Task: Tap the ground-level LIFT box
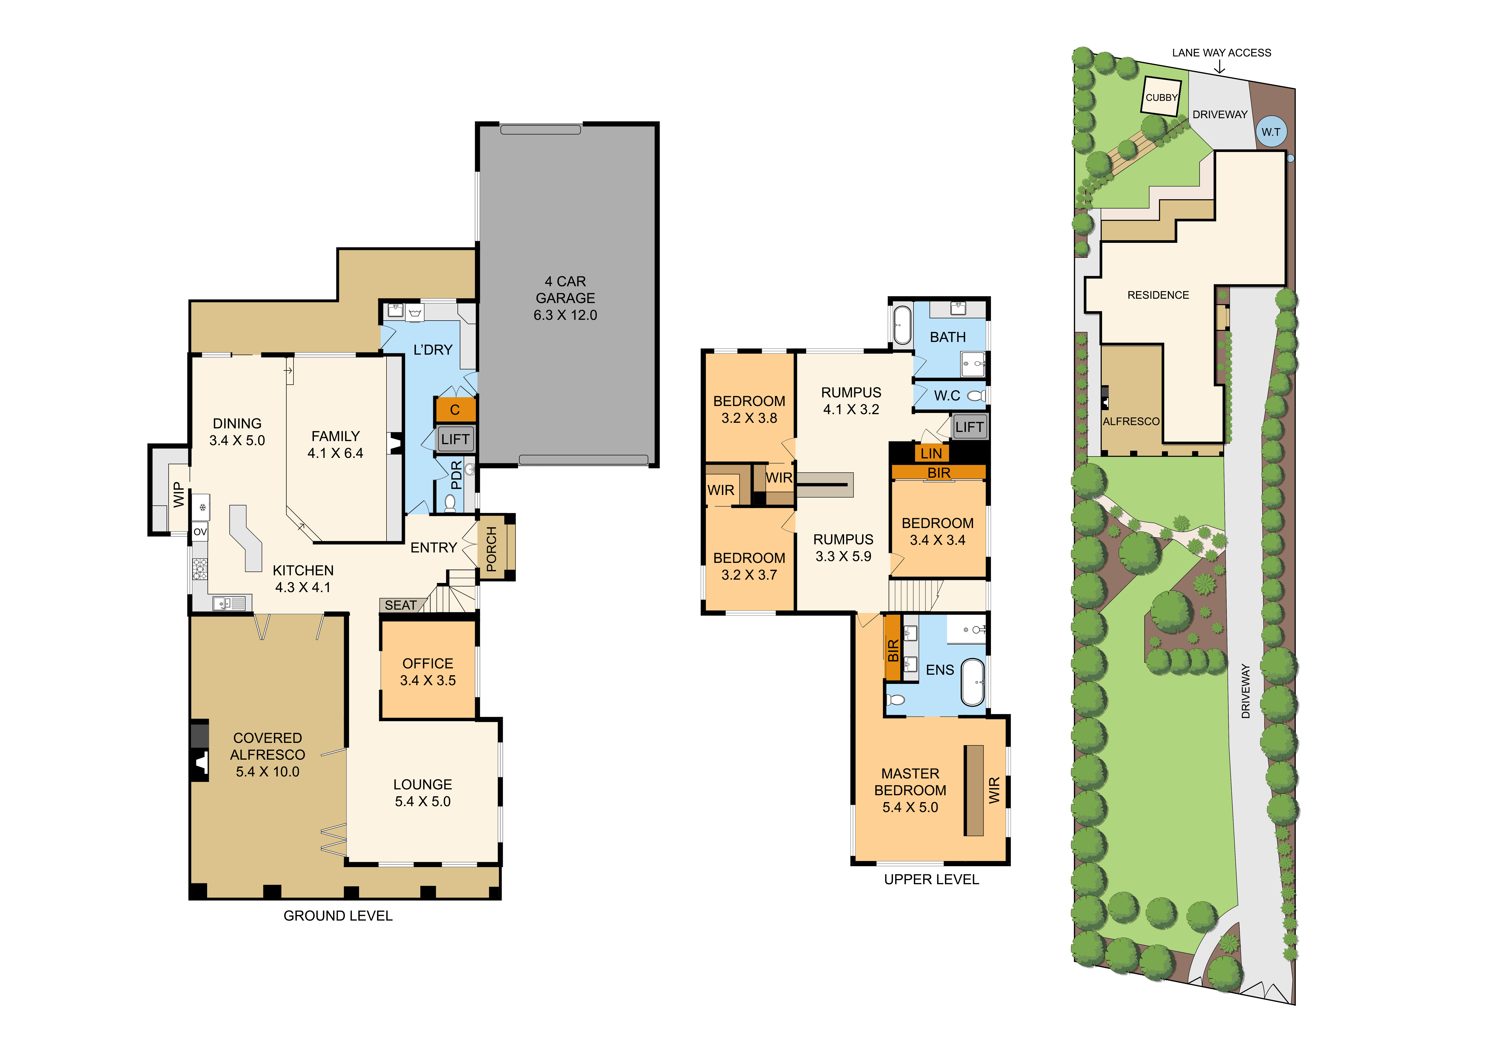455,439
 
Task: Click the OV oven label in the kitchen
200,532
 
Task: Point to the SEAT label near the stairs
400,605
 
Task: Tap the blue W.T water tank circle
1271,131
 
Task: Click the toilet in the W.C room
977,396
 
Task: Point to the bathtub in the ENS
973,682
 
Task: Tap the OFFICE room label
428,663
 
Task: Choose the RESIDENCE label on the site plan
1158,295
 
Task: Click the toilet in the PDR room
450,503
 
